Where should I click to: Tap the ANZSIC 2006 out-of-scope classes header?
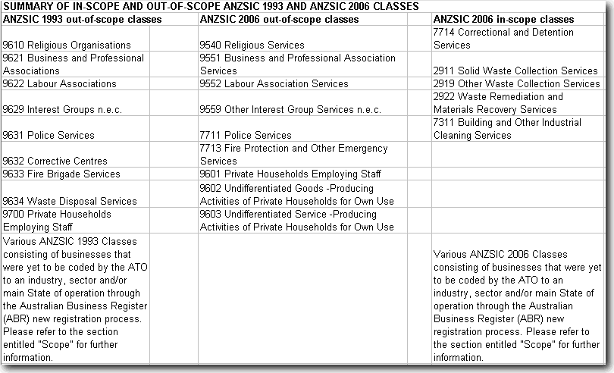coord(278,19)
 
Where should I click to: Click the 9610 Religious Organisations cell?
coord(67,45)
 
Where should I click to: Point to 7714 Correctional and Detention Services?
coord(503,39)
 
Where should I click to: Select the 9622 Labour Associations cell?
coord(60,84)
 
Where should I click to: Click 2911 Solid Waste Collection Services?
coord(515,71)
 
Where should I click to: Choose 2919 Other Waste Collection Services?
coord(516,84)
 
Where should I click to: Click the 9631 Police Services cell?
coord(49,136)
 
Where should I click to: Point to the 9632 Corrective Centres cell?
coord(55,161)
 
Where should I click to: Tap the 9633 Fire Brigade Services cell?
coord(61,174)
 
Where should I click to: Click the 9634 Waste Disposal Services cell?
coord(70,202)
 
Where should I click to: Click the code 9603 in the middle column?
coord(210,215)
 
